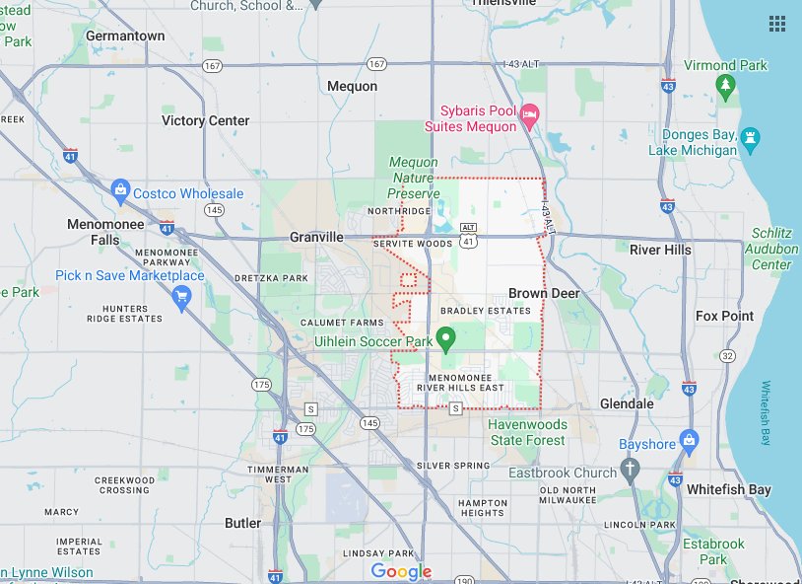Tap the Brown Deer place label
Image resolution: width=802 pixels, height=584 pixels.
545,293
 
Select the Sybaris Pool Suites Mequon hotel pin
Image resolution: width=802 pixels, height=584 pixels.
529,113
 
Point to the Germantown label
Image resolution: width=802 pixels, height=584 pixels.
125,36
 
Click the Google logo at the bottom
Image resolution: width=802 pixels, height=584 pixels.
401,572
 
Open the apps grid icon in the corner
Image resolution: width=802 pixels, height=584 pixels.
777,24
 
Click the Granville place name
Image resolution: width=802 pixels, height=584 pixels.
316,237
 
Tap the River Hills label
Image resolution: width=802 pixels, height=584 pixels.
660,250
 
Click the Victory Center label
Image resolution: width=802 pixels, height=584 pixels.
205,120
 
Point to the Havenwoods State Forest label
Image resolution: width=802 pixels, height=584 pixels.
527,432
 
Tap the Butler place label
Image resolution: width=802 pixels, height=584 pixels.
243,523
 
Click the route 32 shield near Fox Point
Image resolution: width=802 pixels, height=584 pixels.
727,355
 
